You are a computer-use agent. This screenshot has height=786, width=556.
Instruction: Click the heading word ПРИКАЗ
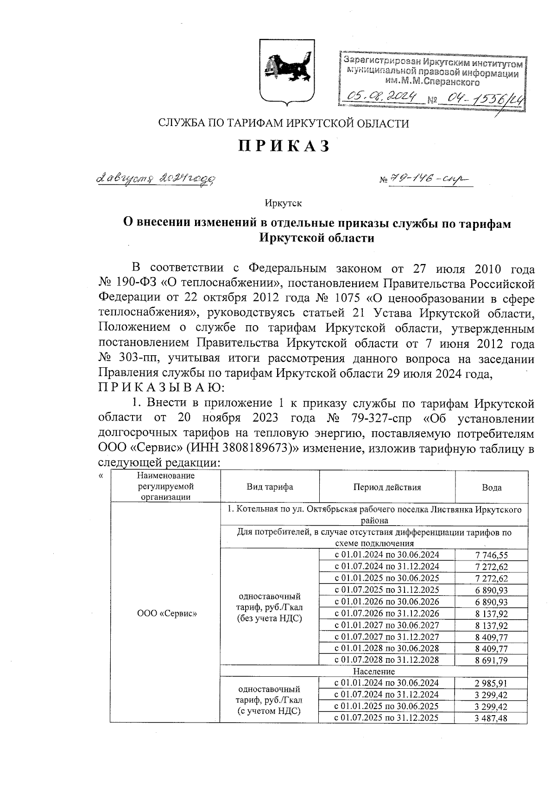pos(284,146)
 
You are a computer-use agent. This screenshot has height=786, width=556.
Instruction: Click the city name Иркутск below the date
pos(283,203)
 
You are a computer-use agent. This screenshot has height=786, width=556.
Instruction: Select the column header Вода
pos(491,487)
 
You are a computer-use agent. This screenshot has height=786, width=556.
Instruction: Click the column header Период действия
pos(387,487)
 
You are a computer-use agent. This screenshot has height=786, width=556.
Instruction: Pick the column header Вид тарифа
pos(270,487)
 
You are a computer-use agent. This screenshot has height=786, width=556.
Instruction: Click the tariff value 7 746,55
pos(491,555)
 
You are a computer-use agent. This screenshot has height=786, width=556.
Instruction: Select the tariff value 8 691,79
pos(491,660)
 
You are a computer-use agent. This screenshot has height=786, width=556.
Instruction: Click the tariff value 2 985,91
pos(491,683)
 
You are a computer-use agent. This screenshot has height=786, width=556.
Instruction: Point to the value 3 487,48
pos(491,718)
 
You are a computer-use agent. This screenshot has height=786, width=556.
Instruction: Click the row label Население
pos(374,671)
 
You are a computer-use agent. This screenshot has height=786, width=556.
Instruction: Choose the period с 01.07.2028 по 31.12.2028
pos(387,660)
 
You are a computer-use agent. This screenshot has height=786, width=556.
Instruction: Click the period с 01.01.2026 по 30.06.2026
pos(387,601)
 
